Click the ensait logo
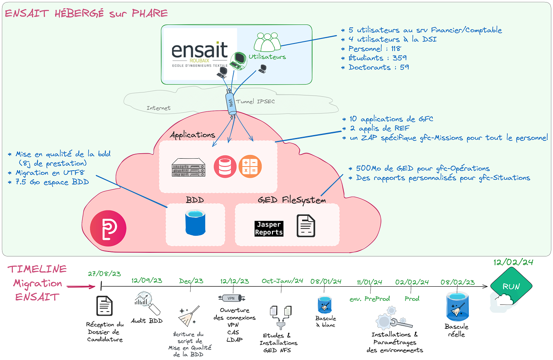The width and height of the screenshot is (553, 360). (x=200, y=54)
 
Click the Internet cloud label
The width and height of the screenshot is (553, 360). (x=158, y=108)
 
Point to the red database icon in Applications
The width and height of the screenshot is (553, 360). (x=225, y=167)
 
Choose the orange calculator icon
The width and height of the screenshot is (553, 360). (x=250, y=167)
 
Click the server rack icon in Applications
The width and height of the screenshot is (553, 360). (x=188, y=167)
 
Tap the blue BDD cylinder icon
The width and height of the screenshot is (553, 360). (x=195, y=223)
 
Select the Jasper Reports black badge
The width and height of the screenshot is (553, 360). (x=269, y=229)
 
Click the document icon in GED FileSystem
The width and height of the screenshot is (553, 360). (x=306, y=226)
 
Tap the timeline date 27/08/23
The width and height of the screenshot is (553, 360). (x=104, y=273)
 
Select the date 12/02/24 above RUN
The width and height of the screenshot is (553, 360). (x=513, y=262)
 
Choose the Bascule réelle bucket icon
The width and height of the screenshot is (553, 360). (x=456, y=306)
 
